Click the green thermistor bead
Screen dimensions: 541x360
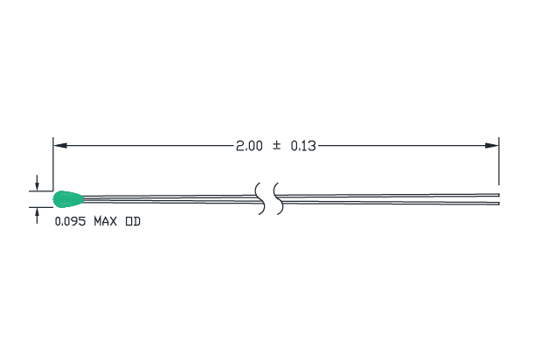click(x=68, y=199)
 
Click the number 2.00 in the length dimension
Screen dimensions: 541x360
click(x=249, y=146)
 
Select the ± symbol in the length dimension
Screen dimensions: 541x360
click(x=276, y=146)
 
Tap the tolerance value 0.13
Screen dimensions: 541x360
click(x=303, y=146)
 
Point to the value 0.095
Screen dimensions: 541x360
click(x=70, y=221)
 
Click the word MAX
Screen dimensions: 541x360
click(x=105, y=221)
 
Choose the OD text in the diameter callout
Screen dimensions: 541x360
click(x=133, y=221)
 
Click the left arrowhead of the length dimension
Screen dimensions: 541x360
click(x=60, y=146)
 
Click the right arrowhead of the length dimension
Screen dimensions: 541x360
click(x=492, y=146)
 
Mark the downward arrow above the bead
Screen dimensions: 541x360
click(x=37, y=183)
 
